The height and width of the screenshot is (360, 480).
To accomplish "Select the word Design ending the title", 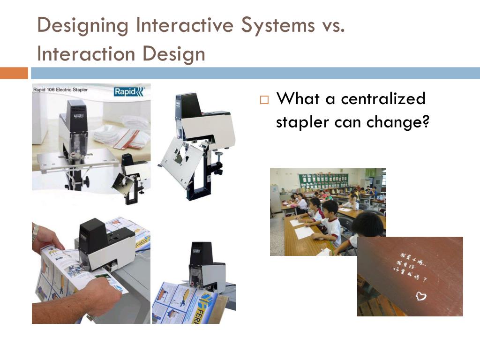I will [174, 53].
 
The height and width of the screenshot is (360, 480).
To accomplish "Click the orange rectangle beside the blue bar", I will [14, 73].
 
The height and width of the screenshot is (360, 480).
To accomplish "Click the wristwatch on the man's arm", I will [35, 232].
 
